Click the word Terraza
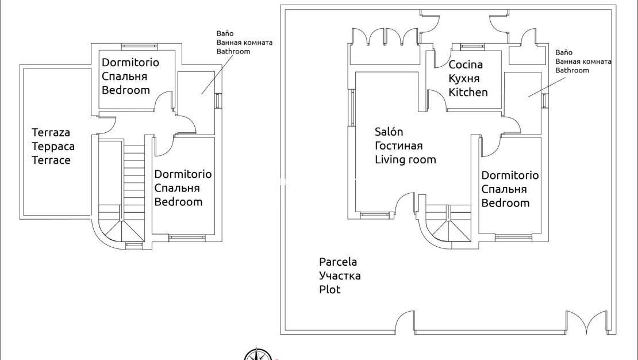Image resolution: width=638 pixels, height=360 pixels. (51, 133)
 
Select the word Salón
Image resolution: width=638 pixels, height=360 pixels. (389, 132)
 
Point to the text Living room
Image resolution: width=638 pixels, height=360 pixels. (405, 160)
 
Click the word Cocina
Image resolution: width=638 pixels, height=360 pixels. (466, 64)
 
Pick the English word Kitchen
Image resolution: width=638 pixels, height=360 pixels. (468, 92)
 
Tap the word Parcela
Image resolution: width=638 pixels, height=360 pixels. (338, 262)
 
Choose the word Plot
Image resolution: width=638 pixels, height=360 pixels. (330, 289)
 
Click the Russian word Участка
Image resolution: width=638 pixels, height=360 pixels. (340, 275)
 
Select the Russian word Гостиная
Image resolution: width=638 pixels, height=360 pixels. (399, 145)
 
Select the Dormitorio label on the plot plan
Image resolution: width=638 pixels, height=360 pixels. (510, 175)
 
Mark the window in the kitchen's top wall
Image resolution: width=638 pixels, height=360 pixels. (472, 46)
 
